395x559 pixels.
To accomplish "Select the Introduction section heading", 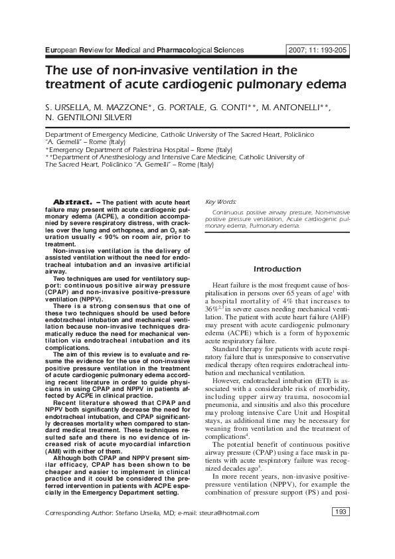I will coord(277,269).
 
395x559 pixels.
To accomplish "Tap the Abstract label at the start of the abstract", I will coord(72,202).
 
